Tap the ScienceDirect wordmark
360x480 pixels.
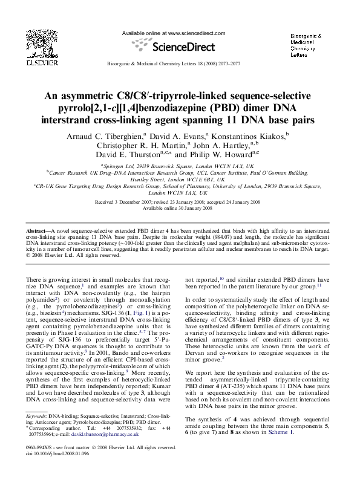[x=180, y=45]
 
